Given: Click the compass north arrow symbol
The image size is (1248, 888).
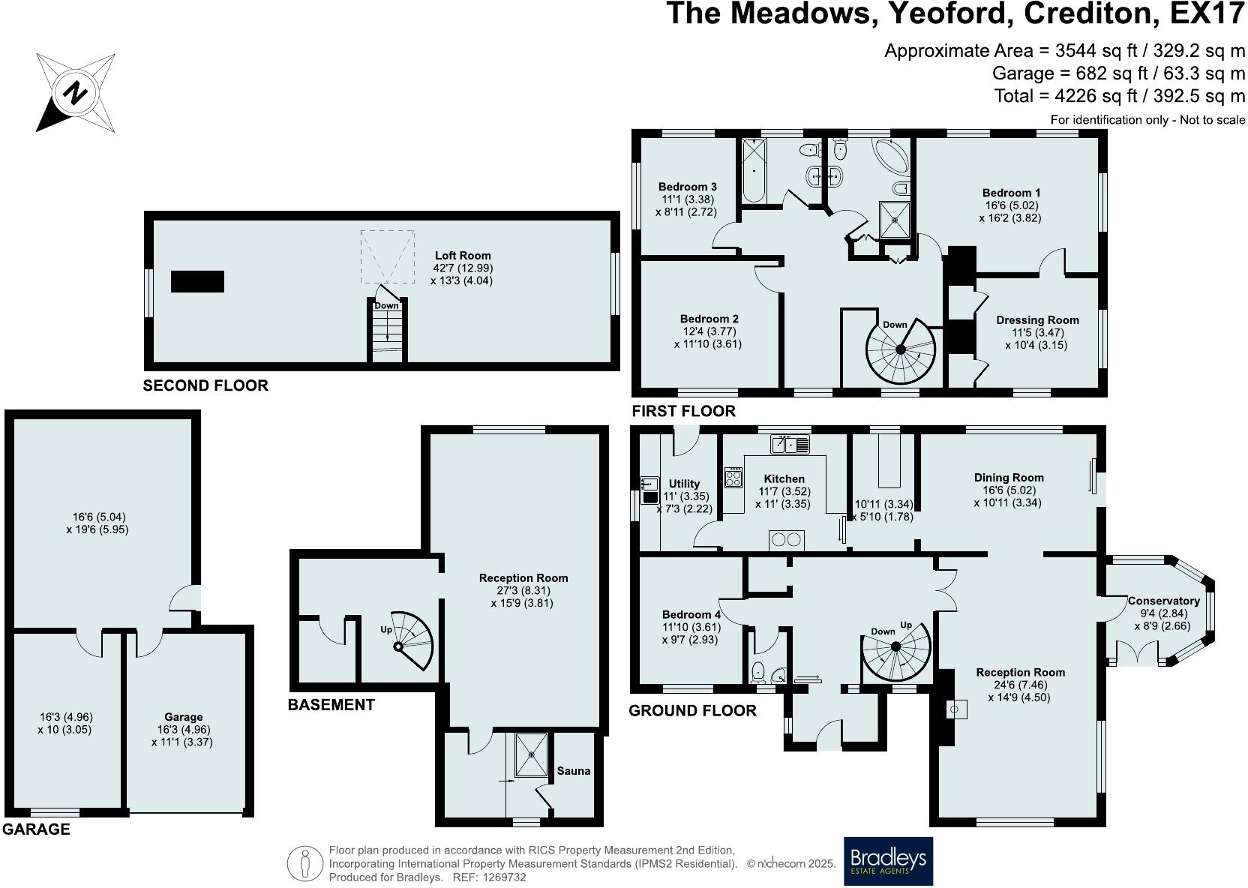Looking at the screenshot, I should click(75, 93).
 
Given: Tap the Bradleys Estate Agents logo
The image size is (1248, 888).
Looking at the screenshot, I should click(889, 861).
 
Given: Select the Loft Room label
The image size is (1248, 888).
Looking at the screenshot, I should click(463, 256).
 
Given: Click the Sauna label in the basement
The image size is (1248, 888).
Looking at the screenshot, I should click(574, 770).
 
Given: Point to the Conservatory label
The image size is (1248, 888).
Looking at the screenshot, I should click(1163, 601).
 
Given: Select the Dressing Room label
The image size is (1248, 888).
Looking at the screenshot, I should click(1037, 320).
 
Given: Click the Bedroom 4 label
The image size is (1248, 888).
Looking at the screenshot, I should click(691, 614).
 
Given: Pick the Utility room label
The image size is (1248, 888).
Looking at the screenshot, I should click(684, 484).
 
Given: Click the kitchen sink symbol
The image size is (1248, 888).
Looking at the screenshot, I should click(790, 445).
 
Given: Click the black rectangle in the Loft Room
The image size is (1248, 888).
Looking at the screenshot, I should click(197, 281).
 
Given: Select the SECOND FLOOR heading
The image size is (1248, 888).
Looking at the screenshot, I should click(205, 385).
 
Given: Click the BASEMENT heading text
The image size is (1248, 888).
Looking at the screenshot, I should click(331, 705).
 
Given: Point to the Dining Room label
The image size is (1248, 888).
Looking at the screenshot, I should click(1009, 478).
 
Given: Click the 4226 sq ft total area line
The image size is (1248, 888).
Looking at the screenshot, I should click(1119, 96).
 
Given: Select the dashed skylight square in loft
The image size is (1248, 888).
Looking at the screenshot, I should click(387, 256).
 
